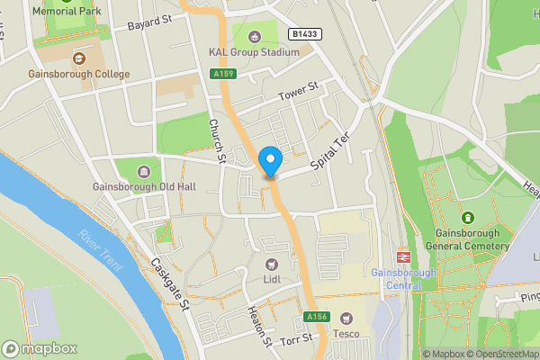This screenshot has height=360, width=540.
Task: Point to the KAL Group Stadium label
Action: (x=254, y=52)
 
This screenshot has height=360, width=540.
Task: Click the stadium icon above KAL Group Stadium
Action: (x=254, y=37)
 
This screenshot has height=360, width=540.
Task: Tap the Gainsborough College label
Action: (x=79, y=74)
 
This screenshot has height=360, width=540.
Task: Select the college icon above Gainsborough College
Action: (x=79, y=58)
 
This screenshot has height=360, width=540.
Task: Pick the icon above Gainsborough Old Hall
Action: (x=143, y=172)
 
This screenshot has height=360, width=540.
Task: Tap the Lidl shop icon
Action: (x=271, y=264)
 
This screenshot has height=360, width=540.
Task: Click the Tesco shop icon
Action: (x=345, y=318)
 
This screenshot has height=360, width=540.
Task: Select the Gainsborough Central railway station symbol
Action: (x=402, y=256)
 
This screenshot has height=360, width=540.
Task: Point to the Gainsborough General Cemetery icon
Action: (x=467, y=218)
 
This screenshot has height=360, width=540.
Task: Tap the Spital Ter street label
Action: (x=328, y=153)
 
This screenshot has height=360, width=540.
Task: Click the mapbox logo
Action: (x=40, y=348)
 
